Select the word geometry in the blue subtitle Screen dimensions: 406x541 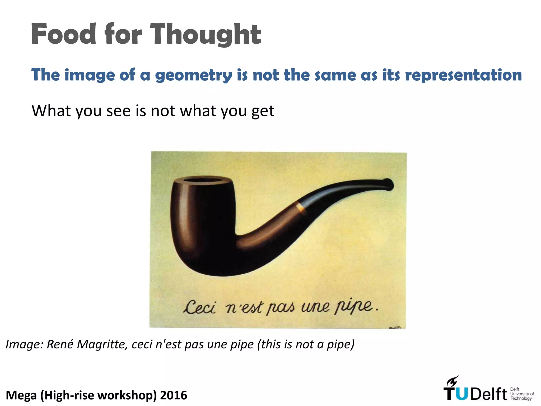[x=193, y=75]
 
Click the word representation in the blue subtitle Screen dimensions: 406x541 [x=463, y=75]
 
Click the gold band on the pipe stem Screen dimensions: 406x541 [x=301, y=207]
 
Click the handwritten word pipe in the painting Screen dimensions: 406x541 [x=354, y=307]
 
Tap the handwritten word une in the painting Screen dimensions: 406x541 [x=315, y=307]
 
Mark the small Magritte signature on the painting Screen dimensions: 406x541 [x=395, y=328]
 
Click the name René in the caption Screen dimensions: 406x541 [x=60, y=344]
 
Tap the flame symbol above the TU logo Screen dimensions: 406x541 [x=452, y=381]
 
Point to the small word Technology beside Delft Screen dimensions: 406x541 [x=521, y=398]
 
